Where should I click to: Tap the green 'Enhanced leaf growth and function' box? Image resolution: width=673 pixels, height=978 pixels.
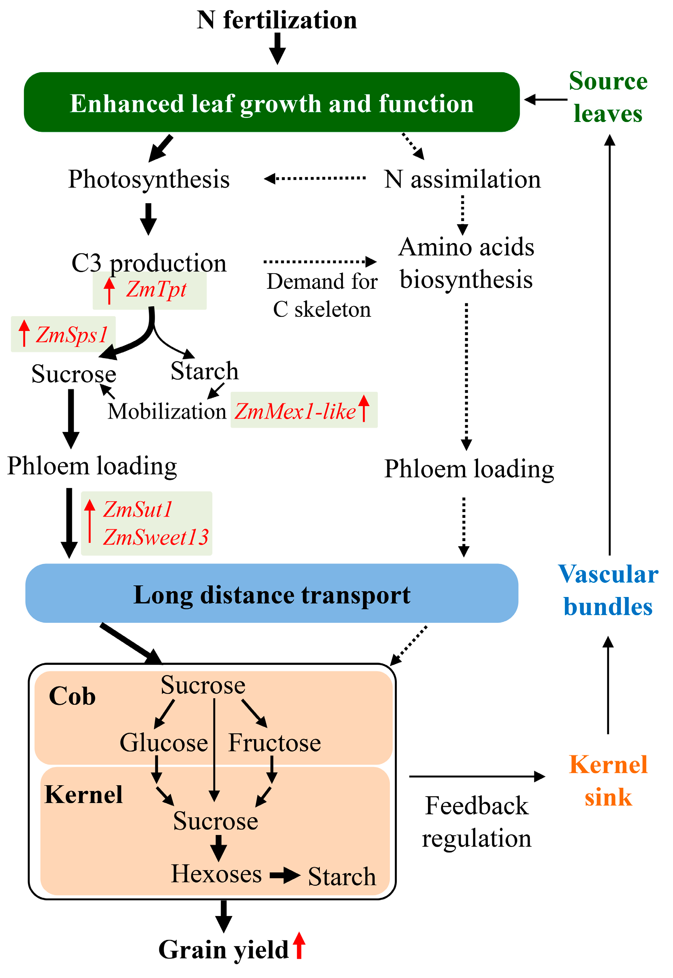tap(272, 103)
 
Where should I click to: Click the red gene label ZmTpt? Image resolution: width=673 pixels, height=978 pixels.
tap(156, 290)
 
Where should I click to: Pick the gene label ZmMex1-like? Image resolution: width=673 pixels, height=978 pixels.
tap(295, 412)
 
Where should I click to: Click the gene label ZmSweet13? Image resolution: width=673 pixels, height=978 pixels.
tap(156, 537)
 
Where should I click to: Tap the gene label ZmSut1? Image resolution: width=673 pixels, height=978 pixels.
tap(138, 509)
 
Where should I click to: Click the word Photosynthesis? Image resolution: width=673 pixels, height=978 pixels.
tap(149, 179)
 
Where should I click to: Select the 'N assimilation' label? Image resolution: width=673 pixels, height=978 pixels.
tap(462, 179)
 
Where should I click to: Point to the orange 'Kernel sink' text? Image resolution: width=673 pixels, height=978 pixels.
tap(608, 781)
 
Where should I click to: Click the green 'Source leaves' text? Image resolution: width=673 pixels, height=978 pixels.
tap(608, 97)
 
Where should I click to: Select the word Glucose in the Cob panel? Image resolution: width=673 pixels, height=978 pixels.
tap(164, 743)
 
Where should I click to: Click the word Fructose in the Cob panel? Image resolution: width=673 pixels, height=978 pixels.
tap(274, 743)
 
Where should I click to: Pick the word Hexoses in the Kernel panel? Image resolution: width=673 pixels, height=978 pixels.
tap(216, 874)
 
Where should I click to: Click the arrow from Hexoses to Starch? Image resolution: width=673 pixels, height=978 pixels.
tap(285, 875)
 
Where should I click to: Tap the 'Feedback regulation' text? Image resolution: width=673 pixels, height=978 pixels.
tap(477, 822)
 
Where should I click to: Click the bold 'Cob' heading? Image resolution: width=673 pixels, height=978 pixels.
tap(72, 696)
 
